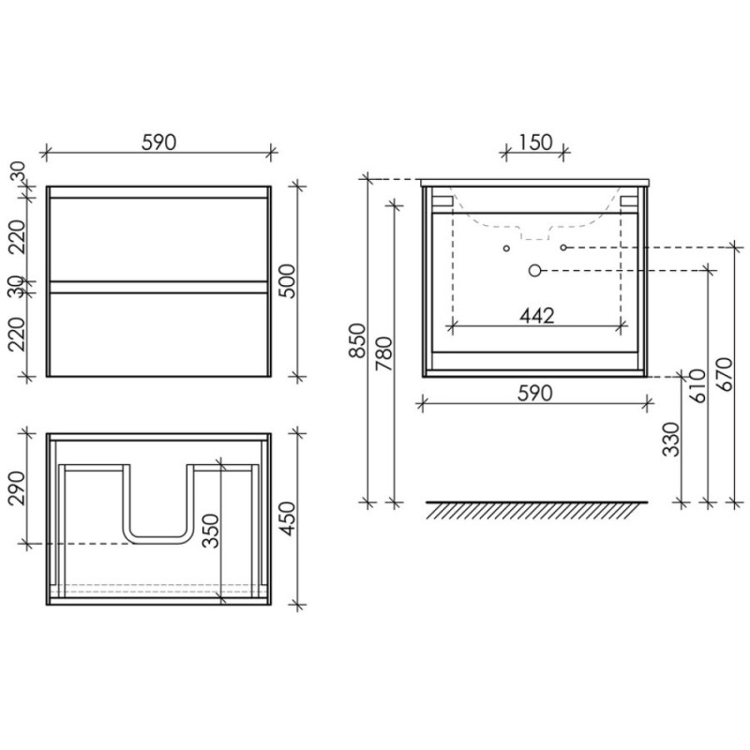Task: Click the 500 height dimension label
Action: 289,281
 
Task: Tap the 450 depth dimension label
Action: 289,518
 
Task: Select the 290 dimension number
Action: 17,487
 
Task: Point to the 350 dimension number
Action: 210,531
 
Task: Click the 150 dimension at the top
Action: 535,142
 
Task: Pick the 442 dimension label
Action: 536,316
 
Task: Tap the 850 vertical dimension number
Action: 357,340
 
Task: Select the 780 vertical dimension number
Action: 384,354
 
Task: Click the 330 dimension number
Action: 671,439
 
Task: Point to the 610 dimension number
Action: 697,385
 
